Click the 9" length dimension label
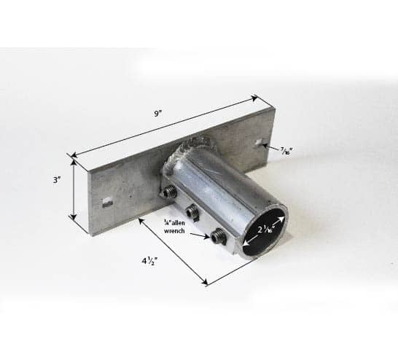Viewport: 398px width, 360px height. click(158, 114)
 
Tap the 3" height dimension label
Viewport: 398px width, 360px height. click(57, 180)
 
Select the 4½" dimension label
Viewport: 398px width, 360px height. click(149, 261)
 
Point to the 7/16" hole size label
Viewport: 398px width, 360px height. click(286, 152)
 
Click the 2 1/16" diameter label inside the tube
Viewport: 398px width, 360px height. click(266, 230)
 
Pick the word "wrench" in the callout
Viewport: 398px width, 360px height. click(174, 231)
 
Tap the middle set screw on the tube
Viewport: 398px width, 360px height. click(192, 211)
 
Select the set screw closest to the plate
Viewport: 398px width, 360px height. click(169, 192)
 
